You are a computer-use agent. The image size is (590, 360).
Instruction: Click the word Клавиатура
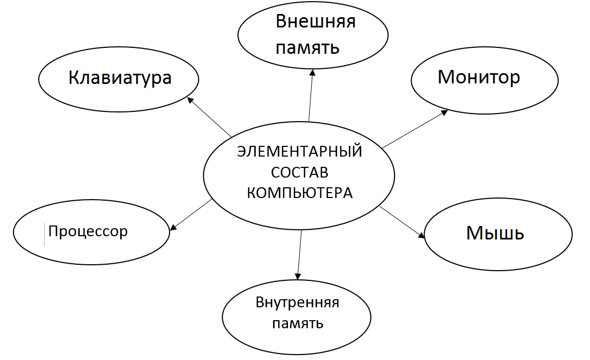tap(120, 78)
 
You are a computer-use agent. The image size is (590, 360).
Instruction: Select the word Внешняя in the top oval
tap(315, 22)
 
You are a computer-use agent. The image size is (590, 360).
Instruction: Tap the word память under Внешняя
tap(307, 48)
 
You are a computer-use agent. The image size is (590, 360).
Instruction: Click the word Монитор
tap(479, 77)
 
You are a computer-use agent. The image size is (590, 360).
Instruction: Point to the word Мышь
tap(495, 233)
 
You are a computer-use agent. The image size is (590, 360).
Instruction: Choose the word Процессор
tap(88, 232)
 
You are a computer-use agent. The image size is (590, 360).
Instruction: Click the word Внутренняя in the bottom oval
tap(297, 302)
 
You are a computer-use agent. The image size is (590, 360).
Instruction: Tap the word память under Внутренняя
tap(297, 323)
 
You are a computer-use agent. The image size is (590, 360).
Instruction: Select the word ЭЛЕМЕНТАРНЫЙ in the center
tap(299, 152)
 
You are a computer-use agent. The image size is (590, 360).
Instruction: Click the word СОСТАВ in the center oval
tap(299, 173)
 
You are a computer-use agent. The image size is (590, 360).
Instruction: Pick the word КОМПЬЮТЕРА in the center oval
tap(299, 193)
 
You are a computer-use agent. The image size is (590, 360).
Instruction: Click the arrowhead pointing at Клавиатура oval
tap(189, 99)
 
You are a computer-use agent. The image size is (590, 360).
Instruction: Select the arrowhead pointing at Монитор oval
tap(445, 112)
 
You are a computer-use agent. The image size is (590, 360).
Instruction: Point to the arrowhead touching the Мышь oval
tap(422, 235)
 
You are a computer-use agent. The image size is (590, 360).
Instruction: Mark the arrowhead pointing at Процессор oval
tap(173, 228)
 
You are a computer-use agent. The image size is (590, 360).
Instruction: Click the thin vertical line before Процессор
tap(44, 235)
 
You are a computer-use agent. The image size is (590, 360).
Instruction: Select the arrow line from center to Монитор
tap(413, 130)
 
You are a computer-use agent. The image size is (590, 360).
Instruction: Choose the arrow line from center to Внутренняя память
tap(299, 253)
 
